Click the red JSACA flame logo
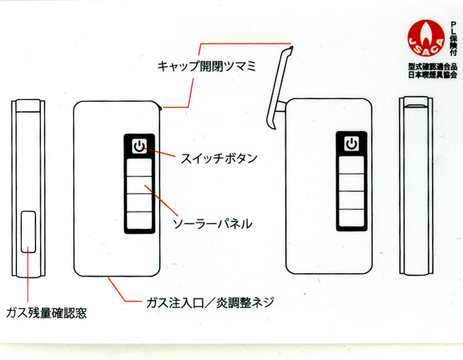click(x=426, y=38)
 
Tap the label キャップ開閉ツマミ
click(x=206, y=66)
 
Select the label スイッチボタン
click(x=219, y=158)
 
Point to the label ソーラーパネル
click(x=212, y=224)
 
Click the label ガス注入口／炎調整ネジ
click(x=210, y=302)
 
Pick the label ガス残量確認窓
click(x=46, y=313)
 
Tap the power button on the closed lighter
click(x=139, y=146)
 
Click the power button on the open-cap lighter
click(x=351, y=143)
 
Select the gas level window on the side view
click(x=28, y=231)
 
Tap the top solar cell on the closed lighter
click(x=139, y=168)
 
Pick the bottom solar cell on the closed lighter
click(x=139, y=220)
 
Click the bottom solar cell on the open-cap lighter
click(x=351, y=218)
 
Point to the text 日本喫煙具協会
click(x=433, y=75)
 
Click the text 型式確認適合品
click(x=433, y=67)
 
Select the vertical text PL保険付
click(x=453, y=39)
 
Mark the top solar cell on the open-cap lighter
click(x=351, y=165)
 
